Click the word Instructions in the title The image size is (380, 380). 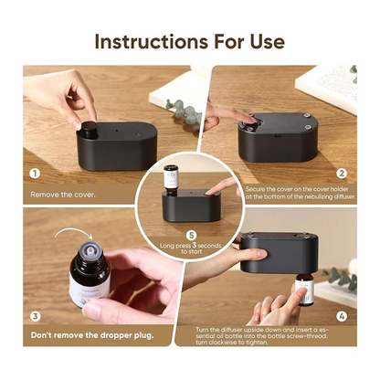coord(152,41)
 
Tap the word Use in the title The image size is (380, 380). coord(267,41)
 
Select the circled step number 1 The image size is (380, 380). coord(35,174)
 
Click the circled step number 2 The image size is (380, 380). coord(342,174)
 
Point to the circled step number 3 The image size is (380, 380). coord(35,316)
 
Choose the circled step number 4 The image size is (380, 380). coord(342,316)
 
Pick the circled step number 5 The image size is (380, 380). coord(191,236)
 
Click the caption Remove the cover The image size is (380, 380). coord(63,195)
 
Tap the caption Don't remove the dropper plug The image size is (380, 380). coord(92,335)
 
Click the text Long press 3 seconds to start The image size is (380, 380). coord(191,248)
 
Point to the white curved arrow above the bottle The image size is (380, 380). coord(73,232)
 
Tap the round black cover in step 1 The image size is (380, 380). coord(88,128)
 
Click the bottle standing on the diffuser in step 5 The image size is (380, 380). coord(171,180)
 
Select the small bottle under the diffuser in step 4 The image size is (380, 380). coord(304,290)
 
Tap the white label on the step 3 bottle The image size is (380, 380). coord(90,289)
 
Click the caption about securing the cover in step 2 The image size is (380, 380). coord(301,193)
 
